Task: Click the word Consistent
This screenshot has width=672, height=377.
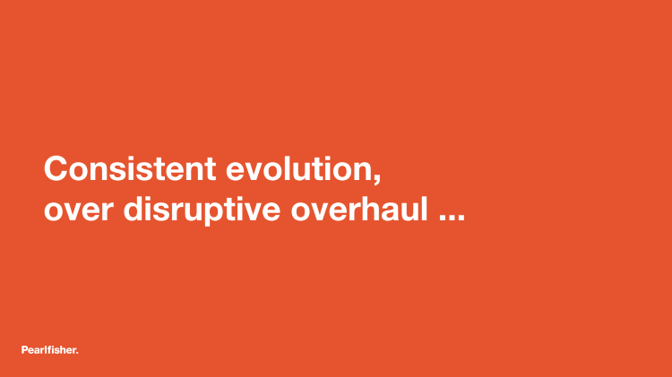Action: tap(130, 168)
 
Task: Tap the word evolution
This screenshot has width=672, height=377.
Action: tap(299, 168)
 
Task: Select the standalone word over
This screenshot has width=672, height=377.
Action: tap(79, 210)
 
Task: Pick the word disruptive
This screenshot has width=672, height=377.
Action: tap(202, 210)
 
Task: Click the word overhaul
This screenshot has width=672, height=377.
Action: tap(359, 209)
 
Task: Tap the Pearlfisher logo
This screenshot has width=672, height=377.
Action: tap(49, 350)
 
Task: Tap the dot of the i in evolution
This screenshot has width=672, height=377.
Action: tap(330, 158)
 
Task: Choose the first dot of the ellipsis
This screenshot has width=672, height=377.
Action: tap(443, 218)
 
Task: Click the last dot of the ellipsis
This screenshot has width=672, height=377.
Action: tap(461, 218)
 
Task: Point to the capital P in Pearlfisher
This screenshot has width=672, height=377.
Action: tap(24, 349)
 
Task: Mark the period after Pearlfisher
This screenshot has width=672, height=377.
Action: tap(77, 353)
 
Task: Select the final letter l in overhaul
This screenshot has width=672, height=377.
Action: tap(425, 209)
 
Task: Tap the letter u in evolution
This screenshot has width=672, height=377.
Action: tap(306, 171)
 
